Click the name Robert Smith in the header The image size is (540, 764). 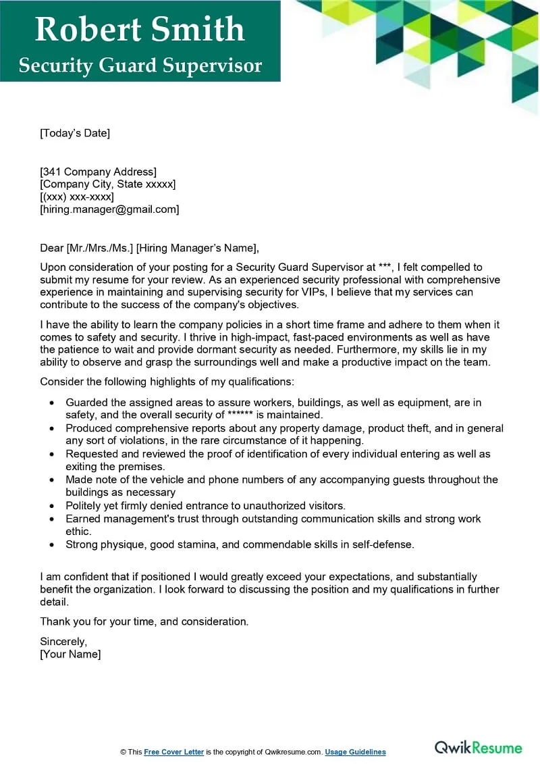tap(140, 29)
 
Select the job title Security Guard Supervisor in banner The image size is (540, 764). tap(140, 66)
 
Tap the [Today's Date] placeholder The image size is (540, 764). tap(74, 133)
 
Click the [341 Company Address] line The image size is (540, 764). tap(98, 172)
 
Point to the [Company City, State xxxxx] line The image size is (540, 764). tap(107, 184)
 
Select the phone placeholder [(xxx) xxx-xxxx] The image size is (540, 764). tap(77, 197)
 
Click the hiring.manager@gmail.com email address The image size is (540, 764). tap(109, 209)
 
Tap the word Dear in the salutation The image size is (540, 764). tap(51, 248)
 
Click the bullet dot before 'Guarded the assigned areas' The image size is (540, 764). tap(53, 403)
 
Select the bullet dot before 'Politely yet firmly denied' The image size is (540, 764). tap(53, 506)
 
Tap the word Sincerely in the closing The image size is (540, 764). tap(63, 641)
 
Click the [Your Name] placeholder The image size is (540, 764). tap(70, 654)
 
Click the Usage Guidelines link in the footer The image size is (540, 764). tap(355, 752)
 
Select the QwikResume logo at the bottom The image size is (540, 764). tap(478, 747)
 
